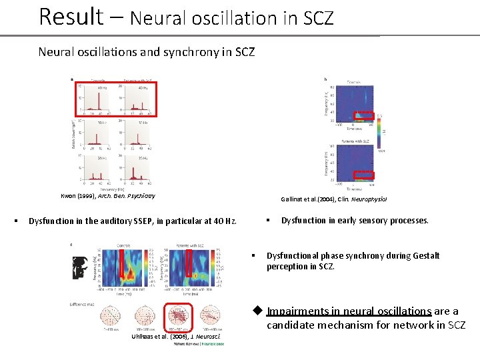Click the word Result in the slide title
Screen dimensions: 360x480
(71, 16)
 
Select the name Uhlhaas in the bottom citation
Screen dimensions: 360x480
(147, 337)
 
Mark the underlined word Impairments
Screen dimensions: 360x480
(301, 311)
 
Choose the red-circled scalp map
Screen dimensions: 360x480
(178, 315)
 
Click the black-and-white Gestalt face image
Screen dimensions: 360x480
(81, 267)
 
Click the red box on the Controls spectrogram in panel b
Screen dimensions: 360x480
(364, 116)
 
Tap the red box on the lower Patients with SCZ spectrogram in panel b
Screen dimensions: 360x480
(364, 175)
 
